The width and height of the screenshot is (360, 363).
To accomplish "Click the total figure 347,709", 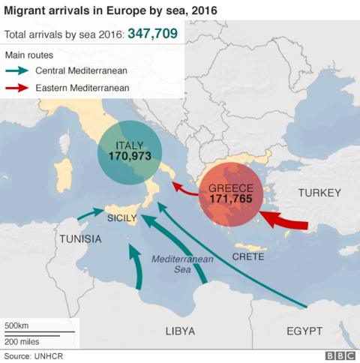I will (154, 34).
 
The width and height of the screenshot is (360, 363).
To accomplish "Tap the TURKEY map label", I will (319, 193).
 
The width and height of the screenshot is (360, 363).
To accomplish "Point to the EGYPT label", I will (304, 331).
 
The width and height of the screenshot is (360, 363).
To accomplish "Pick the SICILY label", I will (122, 218).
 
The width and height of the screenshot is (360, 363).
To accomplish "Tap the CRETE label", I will (247, 256).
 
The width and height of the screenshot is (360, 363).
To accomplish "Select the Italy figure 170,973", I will (130, 157).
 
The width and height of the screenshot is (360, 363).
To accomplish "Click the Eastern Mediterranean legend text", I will (82, 88).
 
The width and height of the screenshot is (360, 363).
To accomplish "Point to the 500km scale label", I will (17, 325).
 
